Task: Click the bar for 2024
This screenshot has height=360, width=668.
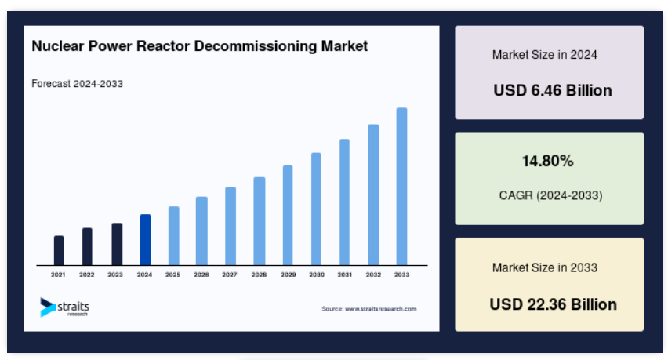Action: (x=145, y=240)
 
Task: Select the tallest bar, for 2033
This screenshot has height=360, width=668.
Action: (x=401, y=187)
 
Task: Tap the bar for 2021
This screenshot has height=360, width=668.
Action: (x=59, y=250)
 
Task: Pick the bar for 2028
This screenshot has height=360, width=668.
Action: (x=259, y=221)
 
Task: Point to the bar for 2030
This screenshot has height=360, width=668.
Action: (x=316, y=209)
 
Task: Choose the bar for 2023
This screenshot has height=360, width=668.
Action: (x=117, y=244)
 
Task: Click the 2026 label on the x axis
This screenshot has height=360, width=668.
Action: (x=201, y=275)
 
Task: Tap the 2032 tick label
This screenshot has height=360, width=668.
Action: (x=373, y=275)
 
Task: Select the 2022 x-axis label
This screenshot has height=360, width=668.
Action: (x=86, y=275)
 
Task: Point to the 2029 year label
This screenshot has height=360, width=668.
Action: (x=288, y=275)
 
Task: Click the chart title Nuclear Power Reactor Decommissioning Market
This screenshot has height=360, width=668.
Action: (x=200, y=46)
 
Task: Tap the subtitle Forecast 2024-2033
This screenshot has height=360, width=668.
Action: (x=77, y=83)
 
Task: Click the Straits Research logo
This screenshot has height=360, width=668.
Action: (x=65, y=307)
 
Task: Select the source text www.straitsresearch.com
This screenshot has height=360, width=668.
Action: (x=381, y=309)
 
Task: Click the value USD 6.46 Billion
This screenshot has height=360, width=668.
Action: (x=553, y=90)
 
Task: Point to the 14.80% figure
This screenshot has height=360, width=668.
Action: (x=548, y=161)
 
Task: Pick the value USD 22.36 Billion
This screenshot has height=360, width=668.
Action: (x=553, y=304)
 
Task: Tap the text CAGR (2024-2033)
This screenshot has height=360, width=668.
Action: (x=551, y=195)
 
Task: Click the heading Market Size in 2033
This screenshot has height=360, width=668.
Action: (x=545, y=267)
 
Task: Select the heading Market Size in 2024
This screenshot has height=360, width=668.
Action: (x=545, y=55)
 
